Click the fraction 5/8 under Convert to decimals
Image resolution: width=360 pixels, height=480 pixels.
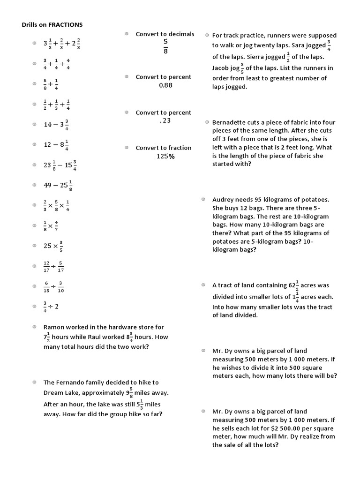pyautogui.click(x=165, y=46)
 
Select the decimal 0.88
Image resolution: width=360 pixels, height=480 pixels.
pyautogui.click(x=165, y=85)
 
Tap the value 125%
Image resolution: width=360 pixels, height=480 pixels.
pyautogui.click(x=165, y=157)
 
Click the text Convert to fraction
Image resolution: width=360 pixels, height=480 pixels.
pyautogui.click(x=164, y=148)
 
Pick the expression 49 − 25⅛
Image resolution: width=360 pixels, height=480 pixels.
pyautogui.click(x=58, y=185)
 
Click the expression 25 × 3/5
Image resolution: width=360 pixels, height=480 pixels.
pyautogui.click(x=53, y=246)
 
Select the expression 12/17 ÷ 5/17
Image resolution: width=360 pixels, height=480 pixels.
pyautogui.click(x=53, y=266)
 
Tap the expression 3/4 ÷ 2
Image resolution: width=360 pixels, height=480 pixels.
pyautogui.click(x=51, y=307)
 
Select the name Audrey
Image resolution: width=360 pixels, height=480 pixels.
pyautogui.click(x=223, y=199)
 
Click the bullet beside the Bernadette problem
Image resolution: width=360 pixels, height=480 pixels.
pyautogui.click(x=207, y=122)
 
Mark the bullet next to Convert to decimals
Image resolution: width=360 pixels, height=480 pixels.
pyautogui.click(x=127, y=34)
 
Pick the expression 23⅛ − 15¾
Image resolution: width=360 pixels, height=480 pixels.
pyautogui.click(x=60, y=165)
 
